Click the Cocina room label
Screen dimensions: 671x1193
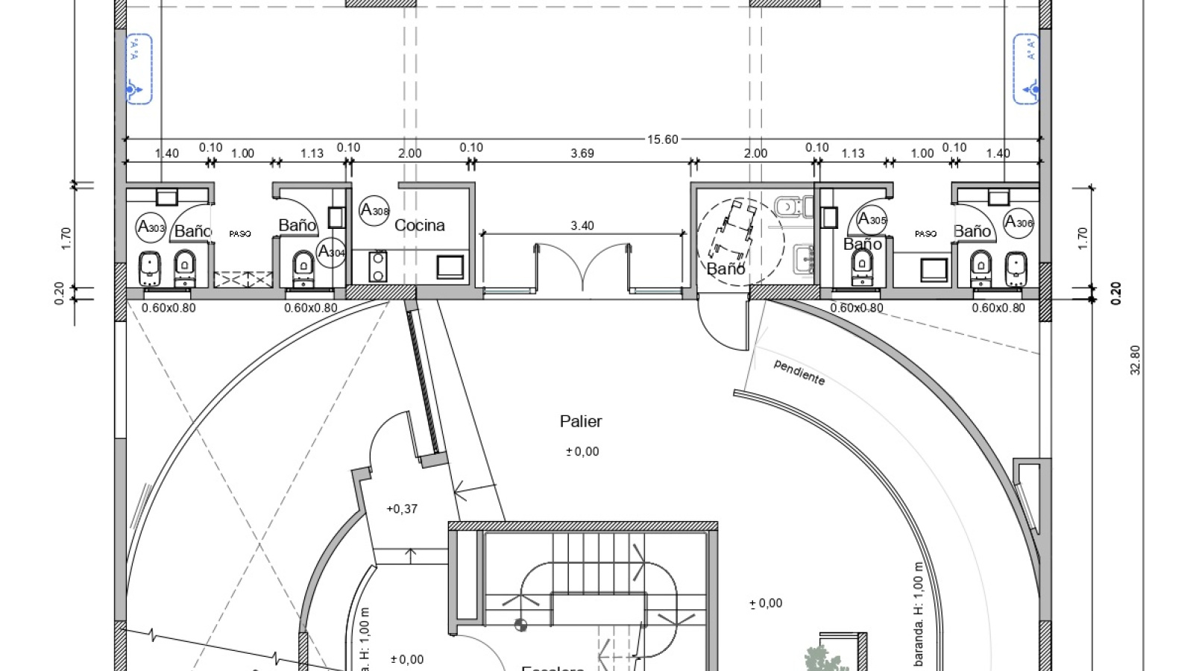[419, 225]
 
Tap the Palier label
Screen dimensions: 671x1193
[581, 421]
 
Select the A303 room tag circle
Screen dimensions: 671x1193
[151, 227]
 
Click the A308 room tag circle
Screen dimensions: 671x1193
[374, 210]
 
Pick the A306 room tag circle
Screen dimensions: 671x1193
[1019, 222]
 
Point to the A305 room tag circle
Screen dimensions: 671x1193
[872, 220]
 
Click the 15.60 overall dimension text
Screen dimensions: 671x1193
[662, 139]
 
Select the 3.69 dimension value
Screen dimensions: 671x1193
[582, 154]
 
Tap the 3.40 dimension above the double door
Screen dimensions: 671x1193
[582, 225]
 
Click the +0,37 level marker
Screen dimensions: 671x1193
[402, 509]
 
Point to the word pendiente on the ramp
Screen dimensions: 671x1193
[799, 372]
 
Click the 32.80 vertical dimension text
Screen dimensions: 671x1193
[1136, 359]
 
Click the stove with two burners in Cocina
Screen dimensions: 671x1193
[378, 267]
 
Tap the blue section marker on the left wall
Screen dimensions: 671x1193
[139, 69]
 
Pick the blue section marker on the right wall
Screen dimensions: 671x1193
[1026, 69]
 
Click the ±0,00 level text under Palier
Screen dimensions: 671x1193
[582, 452]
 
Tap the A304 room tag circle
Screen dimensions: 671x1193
[331, 251]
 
